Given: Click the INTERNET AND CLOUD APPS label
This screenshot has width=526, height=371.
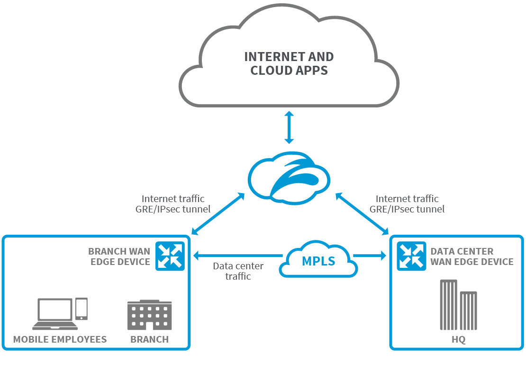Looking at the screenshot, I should (289, 64).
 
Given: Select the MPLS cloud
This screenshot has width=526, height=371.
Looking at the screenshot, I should (318, 260).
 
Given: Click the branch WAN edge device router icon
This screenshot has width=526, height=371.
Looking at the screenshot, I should (170, 256).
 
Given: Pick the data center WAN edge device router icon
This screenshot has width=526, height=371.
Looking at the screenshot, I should (411, 256).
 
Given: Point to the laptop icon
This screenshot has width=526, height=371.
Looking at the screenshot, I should (55, 315).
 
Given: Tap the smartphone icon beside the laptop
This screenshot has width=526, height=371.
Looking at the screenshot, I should (82, 309).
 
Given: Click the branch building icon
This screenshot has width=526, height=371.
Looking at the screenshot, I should (150, 315).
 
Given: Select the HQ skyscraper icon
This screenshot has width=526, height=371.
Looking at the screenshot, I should (458, 305).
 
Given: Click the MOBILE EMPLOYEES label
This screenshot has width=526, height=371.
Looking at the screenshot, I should (60, 339).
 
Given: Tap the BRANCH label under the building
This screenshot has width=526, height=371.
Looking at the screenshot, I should (149, 339).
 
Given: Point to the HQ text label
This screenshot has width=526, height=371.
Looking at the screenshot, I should (458, 340).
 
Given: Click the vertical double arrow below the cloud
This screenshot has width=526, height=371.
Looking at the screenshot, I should (289, 127).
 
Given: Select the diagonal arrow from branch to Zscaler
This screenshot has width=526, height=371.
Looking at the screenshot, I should (218, 213).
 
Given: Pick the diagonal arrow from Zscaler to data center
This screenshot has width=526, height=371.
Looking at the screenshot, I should (362, 213).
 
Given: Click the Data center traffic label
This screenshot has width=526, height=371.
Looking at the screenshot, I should (238, 271).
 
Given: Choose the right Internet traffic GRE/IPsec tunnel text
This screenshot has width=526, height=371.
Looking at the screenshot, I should (407, 204).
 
